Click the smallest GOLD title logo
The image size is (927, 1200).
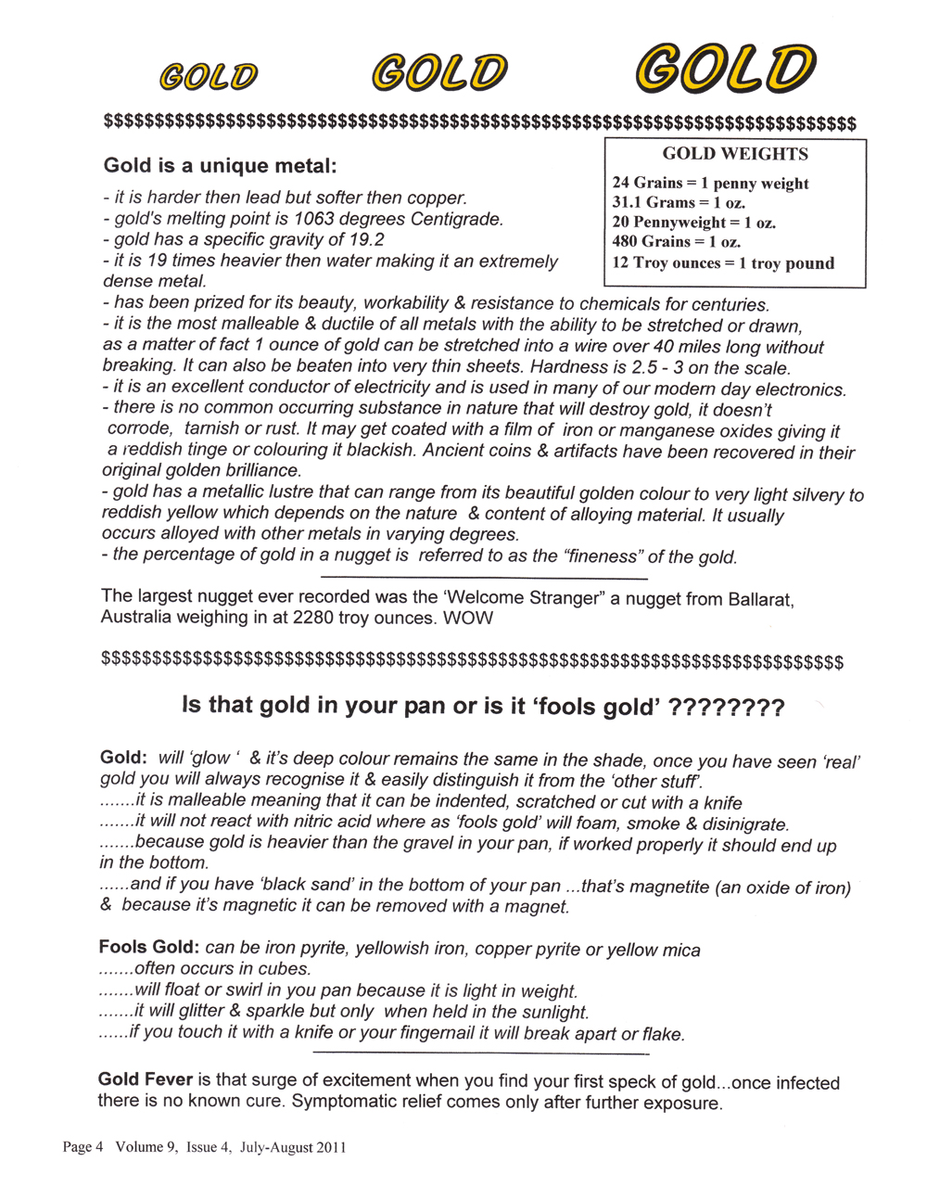pyautogui.click(x=209, y=76)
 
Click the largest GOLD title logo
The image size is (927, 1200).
pyautogui.click(x=725, y=68)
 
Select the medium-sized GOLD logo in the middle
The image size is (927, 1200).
pyautogui.click(x=440, y=72)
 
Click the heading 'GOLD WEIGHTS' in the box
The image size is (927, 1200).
pyautogui.click(x=735, y=154)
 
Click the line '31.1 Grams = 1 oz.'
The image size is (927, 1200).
pyautogui.click(x=679, y=202)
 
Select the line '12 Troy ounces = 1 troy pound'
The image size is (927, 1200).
pyautogui.click(x=723, y=262)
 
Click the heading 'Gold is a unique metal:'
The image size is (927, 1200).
pyautogui.click(x=220, y=166)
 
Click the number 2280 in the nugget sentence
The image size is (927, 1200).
pyautogui.click(x=315, y=619)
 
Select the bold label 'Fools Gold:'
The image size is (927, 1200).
pyautogui.click(x=148, y=948)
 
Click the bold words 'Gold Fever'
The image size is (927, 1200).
pyautogui.click(x=146, y=1079)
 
